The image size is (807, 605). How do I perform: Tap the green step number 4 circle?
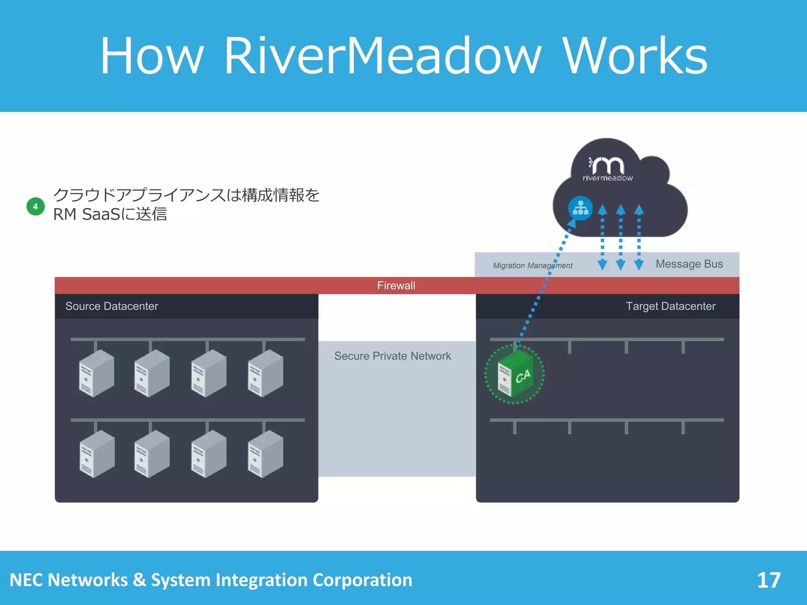click(x=35, y=206)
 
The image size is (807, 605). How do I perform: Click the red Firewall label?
click(x=396, y=286)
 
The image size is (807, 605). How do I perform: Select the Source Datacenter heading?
click(x=112, y=306)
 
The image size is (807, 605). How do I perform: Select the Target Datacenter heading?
click(x=670, y=306)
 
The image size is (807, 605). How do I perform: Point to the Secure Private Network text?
click(x=392, y=356)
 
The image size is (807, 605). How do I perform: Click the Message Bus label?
click(x=689, y=264)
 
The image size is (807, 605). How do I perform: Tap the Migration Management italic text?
click(x=532, y=265)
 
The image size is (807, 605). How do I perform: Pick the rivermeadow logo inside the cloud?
click(x=607, y=169)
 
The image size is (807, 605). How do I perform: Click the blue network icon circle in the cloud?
click(x=580, y=208)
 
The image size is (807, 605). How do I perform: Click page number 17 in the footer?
click(x=768, y=580)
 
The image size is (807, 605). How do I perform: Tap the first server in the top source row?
click(x=97, y=373)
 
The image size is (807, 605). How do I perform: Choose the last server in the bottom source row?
click(x=265, y=454)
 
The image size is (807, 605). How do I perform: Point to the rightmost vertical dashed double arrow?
click(x=639, y=237)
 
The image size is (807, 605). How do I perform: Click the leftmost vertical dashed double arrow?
click(x=602, y=237)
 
